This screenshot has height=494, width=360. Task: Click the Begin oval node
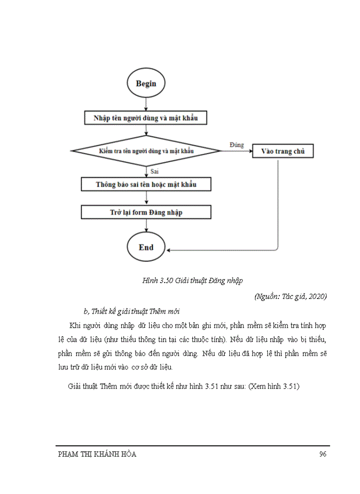[146, 83]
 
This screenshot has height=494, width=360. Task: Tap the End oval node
[146, 248]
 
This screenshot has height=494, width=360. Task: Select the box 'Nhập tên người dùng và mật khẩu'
[146, 118]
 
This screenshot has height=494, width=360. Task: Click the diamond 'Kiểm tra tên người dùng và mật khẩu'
[146, 151]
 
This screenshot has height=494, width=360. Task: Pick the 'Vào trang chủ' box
[282, 151]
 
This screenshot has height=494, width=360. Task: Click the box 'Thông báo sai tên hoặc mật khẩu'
[146, 184]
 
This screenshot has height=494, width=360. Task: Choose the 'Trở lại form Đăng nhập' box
[146, 212]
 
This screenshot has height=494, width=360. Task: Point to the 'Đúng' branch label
[237, 145]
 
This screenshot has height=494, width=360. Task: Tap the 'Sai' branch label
[154, 171]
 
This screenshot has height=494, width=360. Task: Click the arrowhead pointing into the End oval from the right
[170, 251]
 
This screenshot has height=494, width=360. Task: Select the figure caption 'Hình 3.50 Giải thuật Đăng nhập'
[192, 280]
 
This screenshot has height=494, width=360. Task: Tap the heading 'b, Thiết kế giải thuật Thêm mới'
[131, 311]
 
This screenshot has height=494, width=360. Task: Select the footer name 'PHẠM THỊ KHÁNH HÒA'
[97, 454]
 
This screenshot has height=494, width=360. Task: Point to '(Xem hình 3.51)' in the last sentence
[277, 385]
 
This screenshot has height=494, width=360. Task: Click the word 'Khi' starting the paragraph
[74, 326]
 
